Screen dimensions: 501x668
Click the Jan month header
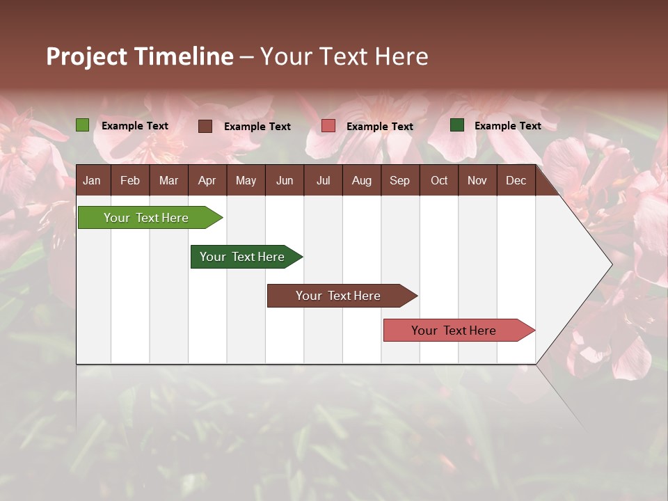92,181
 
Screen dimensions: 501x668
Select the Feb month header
130,181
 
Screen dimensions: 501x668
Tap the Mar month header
168,181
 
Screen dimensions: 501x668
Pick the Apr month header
207,181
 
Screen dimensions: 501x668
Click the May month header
246,181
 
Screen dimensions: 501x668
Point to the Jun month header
285,181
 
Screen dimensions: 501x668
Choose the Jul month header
323,181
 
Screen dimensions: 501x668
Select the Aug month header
362,181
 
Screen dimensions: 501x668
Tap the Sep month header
400,181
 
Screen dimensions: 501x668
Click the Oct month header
439,181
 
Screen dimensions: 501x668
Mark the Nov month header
477,181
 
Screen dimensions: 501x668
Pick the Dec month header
516,181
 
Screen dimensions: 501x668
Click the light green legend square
83,125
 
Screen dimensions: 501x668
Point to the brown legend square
205,126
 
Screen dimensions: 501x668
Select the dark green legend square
457,125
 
